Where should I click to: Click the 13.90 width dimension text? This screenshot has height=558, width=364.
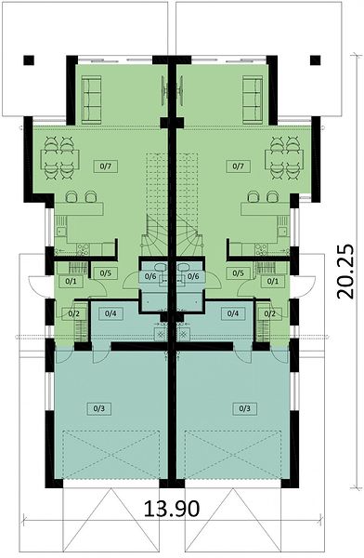pyautogui.click(x=172, y=508)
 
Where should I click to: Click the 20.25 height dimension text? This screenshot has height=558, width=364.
pyautogui.click(x=345, y=271)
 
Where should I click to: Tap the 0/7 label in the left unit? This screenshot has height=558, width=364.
pyautogui.click(x=106, y=166)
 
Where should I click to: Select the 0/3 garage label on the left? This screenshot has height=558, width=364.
pyautogui.click(x=99, y=408)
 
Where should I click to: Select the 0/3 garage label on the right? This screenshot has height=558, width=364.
pyautogui.click(x=244, y=408)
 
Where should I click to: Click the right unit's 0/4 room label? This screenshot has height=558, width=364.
pyautogui.click(x=233, y=313)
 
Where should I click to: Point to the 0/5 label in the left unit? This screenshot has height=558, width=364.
pyautogui.click(x=106, y=272)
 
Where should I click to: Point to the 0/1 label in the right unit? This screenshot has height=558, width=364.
pyautogui.click(x=273, y=281)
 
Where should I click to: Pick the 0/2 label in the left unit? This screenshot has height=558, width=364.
pyautogui.click(x=73, y=313)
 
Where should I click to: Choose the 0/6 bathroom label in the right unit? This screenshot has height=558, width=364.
pyautogui.click(x=192, y=276)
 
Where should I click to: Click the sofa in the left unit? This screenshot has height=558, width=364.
pyautogui.click(x=91, y=100)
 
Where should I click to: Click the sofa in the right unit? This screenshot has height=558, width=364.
pyautogui.click(x=253, y=100)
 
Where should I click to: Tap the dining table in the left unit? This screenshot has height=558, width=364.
pyautogui.click(x=59, y=159)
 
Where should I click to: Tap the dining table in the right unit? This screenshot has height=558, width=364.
pyautogui.click(x=284, y=159)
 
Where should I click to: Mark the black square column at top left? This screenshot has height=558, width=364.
pyautogui.click(x=29, y=60)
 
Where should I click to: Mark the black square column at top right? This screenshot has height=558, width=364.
pyautogui.click(x=316, y=60)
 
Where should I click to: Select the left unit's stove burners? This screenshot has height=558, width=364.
pyautogui.click(x=83, y=248)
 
